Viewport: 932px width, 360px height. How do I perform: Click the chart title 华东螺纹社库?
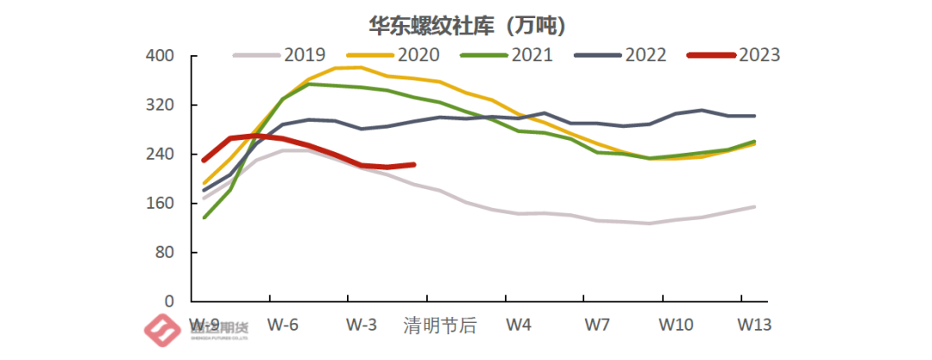click(x=467, y=25)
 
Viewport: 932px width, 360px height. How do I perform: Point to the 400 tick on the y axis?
click(x=163, y=56)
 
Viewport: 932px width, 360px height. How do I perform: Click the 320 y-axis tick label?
click(x=163, y=105)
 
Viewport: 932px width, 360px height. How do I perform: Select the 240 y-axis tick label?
click(x=163, y=155)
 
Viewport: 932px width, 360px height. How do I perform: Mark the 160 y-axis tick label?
click(x=163, y=204)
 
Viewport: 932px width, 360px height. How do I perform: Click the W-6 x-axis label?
click(x=282, y=325)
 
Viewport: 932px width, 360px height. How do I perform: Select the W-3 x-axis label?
click(x=361, y=325)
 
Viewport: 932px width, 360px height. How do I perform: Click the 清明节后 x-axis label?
click(x=440, y=325)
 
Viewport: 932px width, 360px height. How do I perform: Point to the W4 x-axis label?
click(x=519, y=325)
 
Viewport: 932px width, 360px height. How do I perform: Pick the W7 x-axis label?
click(x=597, y=325)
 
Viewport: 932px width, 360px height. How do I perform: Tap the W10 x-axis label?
click(x=676, y=325)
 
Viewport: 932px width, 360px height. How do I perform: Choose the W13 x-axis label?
click(x=754, y=325)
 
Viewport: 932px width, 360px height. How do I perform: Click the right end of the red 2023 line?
click(x=414, y=164)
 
